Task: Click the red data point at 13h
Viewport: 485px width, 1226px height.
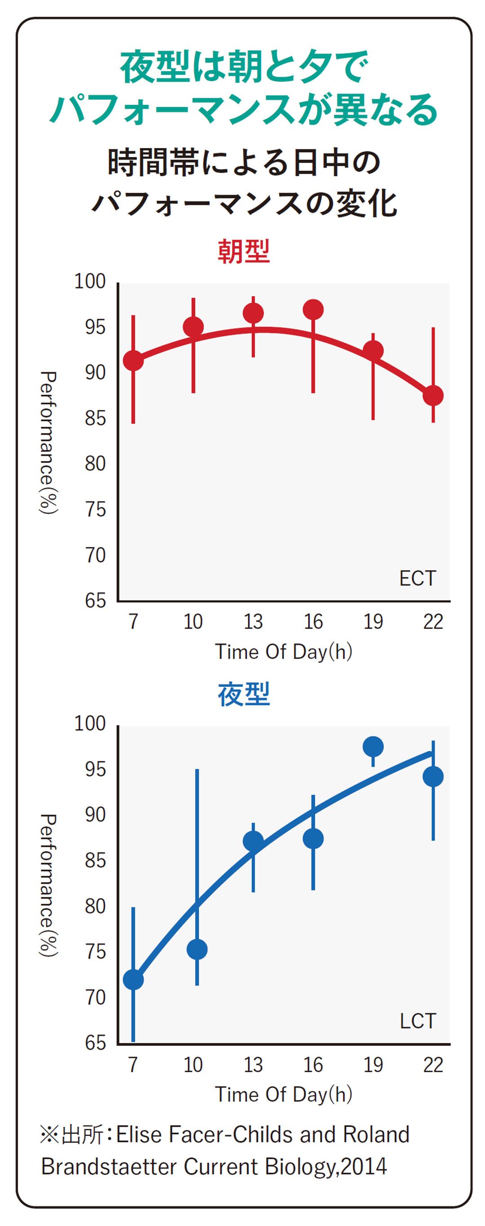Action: click(253, 313)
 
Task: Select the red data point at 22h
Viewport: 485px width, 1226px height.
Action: click(433, 396)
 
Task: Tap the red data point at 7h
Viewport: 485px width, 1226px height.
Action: click(133, 361)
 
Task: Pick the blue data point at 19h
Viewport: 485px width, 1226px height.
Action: click(373, 746)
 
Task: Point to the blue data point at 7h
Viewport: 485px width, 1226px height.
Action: click(133, 980)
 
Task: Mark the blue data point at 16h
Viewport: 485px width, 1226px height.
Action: click(313, 838)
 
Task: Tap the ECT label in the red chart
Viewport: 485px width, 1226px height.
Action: click(417, 579)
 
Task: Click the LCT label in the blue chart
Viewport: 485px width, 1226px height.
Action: click(417, 1021)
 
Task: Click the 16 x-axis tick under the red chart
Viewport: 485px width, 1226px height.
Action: click(313, 622)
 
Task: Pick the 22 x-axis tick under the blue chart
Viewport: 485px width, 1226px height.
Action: click(433, 1065)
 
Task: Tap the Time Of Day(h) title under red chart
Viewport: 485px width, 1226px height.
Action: click(283, 651)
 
